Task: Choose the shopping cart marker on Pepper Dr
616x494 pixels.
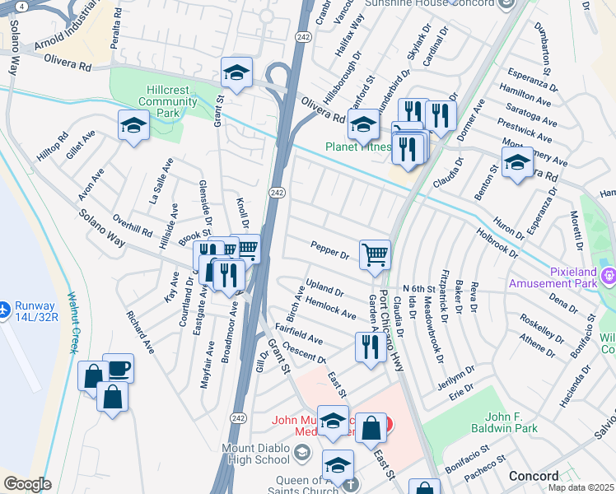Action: (x=376, y=254)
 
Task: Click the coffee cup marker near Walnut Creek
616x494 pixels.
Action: (x=119, y=367)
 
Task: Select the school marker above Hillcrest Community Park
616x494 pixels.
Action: (x=236, y=73)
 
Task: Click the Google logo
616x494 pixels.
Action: (x=27, y=484)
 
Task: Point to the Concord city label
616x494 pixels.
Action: (x=533, y=477)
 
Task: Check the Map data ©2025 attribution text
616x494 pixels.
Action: (x=581, y=487)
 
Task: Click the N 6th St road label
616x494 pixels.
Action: (x=418, y=288)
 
